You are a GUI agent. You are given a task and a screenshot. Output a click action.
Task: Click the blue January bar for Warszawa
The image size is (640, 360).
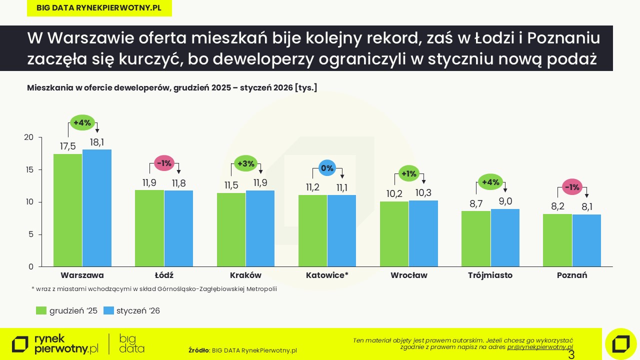(97, 208)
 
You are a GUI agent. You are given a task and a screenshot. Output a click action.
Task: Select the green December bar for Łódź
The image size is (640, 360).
(149, 228)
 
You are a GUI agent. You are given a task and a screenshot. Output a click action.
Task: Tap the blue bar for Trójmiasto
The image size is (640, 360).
(505, 237)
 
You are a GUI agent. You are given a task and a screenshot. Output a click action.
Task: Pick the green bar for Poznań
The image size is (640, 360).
(557, 240)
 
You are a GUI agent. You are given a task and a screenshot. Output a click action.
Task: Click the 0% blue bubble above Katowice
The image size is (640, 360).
(327, 168)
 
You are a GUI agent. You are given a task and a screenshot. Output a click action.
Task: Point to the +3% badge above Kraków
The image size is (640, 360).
(245, 163)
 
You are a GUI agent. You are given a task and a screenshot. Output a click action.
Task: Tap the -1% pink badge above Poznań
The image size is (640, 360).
(571, 187)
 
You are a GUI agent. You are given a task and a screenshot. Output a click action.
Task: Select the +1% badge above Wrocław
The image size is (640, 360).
(408, 174)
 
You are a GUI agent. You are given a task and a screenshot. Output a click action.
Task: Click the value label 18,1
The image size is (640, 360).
(97, 142)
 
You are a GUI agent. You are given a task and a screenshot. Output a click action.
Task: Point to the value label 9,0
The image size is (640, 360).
(505, 201)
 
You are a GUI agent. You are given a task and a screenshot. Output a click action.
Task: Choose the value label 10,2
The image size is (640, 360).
(394, 193)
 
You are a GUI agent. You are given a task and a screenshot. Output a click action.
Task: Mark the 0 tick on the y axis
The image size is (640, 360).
(31, 266)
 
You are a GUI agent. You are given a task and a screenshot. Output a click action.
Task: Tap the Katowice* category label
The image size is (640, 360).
(327, 275)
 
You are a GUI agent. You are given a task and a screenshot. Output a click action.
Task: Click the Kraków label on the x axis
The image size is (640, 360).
(245, 275)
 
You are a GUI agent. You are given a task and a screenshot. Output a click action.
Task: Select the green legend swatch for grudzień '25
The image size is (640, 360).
(41, 310)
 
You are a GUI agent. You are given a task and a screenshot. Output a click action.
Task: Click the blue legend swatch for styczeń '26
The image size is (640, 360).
(108, 310)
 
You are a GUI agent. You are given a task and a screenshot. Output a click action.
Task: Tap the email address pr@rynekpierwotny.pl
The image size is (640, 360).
(540, 346)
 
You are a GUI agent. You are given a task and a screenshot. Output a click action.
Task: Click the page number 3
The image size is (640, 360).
(571, 355)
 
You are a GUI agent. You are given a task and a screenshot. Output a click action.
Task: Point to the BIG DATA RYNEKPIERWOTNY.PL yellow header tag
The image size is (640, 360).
(99, 7)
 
